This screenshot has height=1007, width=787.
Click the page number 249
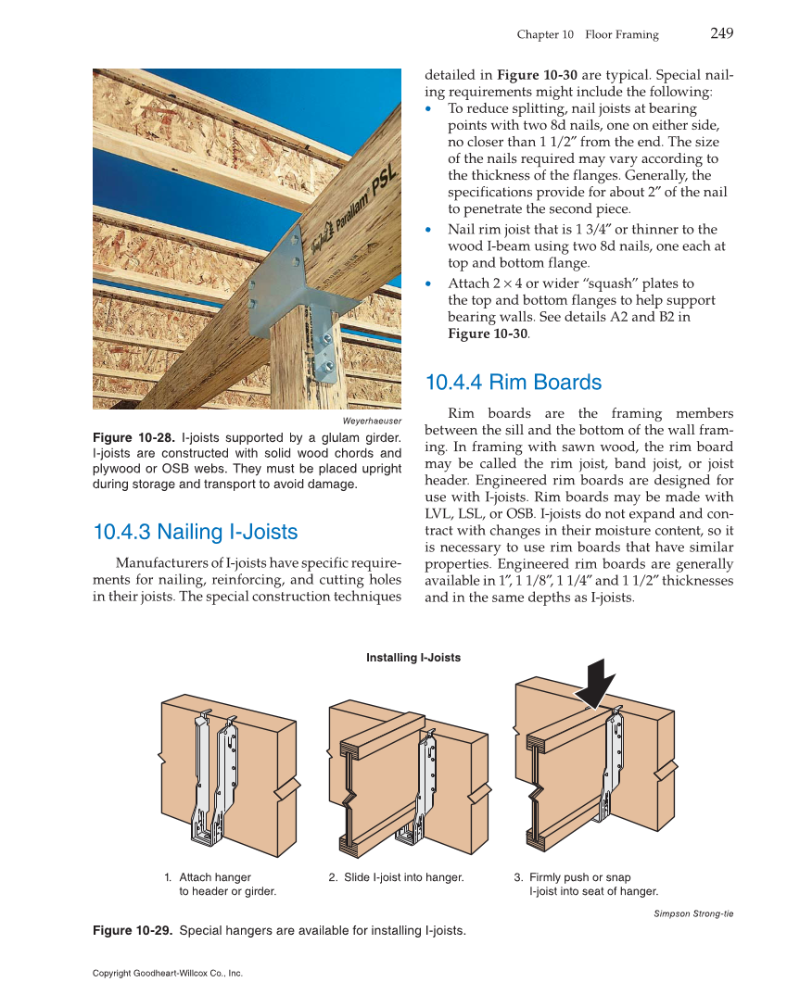(721, 33)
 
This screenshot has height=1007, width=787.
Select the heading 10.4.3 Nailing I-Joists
(196, 532)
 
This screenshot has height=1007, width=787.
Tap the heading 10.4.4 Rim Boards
(513, 383)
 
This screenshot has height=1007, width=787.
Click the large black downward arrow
(593, 684)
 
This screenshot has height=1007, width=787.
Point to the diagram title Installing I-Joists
(413, 658)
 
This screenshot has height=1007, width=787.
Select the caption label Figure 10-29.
(133, 930)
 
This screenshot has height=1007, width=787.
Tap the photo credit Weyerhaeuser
(372, 421)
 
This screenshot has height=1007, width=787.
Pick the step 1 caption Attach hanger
(214, 877)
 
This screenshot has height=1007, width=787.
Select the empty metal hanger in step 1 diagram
(217, 778)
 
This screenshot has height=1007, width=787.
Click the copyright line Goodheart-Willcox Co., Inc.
(168, 974)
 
